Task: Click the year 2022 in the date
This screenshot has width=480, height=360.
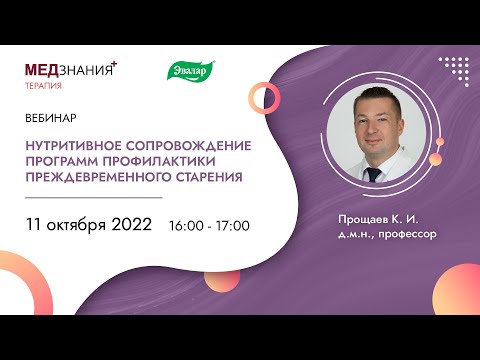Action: click(128, 224)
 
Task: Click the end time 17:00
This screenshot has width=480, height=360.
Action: click(232, 226)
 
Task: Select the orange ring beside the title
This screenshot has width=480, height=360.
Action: click(265, 96)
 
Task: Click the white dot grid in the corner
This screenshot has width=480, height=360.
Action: click(455, 71)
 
